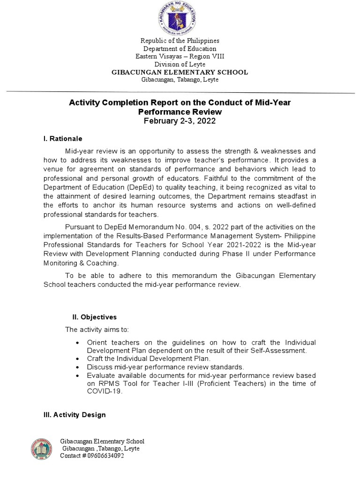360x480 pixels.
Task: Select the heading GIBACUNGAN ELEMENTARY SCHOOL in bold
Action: click(180, 72)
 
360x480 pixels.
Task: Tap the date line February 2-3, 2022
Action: click(180, 121)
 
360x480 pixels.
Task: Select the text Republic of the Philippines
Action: click(180, 41)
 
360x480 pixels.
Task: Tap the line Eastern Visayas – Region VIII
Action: click(180, 56)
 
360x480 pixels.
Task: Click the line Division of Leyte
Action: click(180, 64)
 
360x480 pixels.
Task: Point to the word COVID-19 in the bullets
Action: click(105, 392)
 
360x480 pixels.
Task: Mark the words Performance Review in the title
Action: click(180, 112)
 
